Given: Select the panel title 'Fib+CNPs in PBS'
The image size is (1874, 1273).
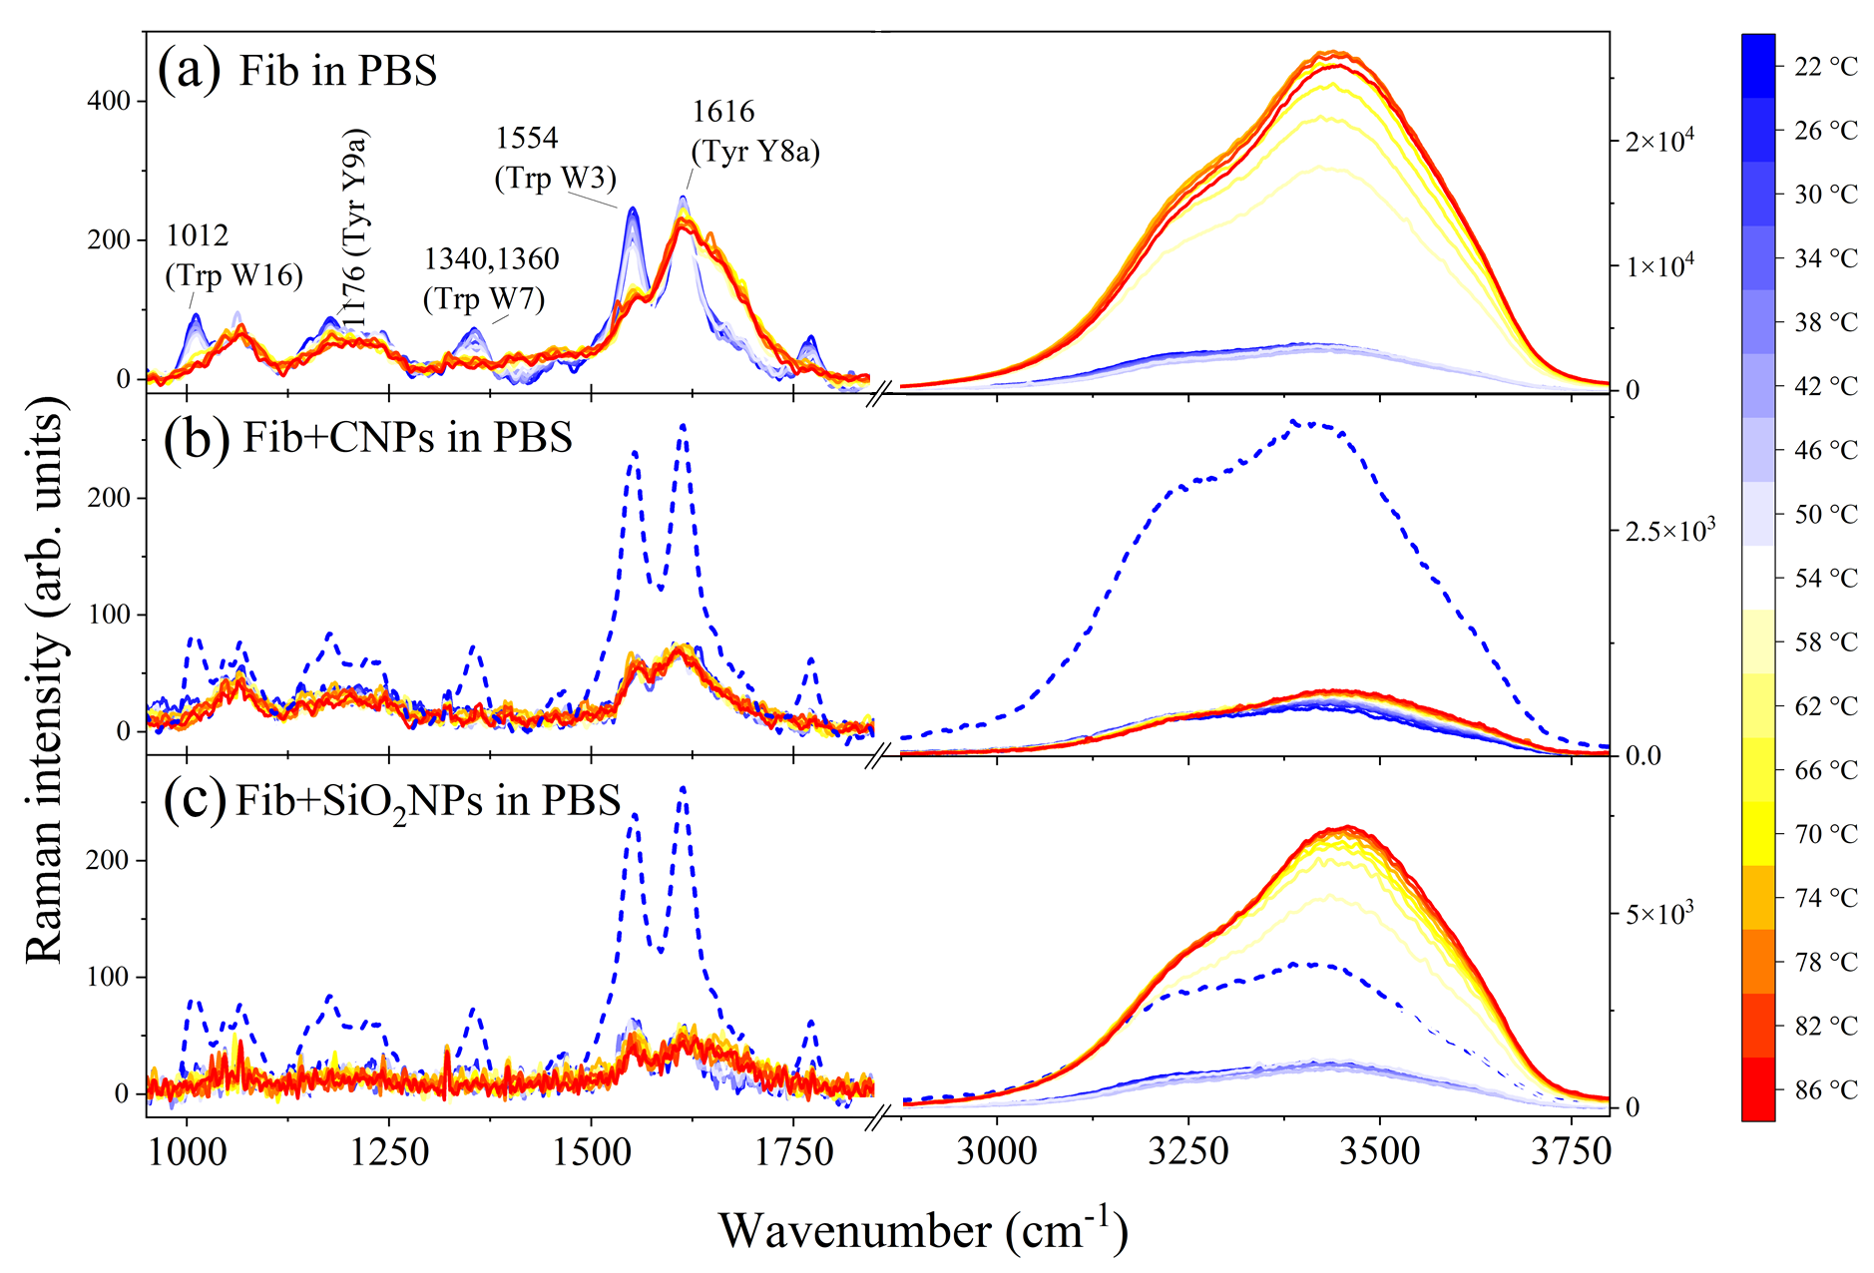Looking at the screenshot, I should click(x=407, y=437).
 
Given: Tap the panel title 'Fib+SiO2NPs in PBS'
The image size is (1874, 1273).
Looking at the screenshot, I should click(x=428, y=801).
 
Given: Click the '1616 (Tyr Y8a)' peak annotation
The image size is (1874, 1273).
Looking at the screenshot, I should click(x=755, y=132).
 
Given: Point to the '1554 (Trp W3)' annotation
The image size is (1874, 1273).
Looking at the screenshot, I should click(x=555, y=158).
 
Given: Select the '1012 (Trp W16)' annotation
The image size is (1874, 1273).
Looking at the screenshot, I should click(x=234, y=255).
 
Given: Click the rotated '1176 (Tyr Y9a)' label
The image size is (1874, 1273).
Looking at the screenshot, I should click(x=354, y=227).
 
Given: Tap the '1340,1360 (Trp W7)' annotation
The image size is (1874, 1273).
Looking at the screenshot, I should click(x=491, y=278).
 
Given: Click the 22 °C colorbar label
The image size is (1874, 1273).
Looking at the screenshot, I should click(x=1825, y=67).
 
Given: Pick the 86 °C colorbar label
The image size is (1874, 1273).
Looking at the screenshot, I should click(x=1825, y=1090).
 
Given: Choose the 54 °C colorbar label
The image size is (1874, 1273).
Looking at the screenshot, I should click(x=1825, y=579).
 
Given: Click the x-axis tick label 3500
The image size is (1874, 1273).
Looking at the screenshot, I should click(x=1379, y=1152).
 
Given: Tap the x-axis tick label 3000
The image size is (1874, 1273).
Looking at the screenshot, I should click(x=996, y=1152).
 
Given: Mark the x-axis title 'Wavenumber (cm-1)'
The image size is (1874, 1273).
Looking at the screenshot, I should click(x=923, y=1230).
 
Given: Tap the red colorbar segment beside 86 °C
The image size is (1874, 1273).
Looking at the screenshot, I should click(x=1758, y=1089).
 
